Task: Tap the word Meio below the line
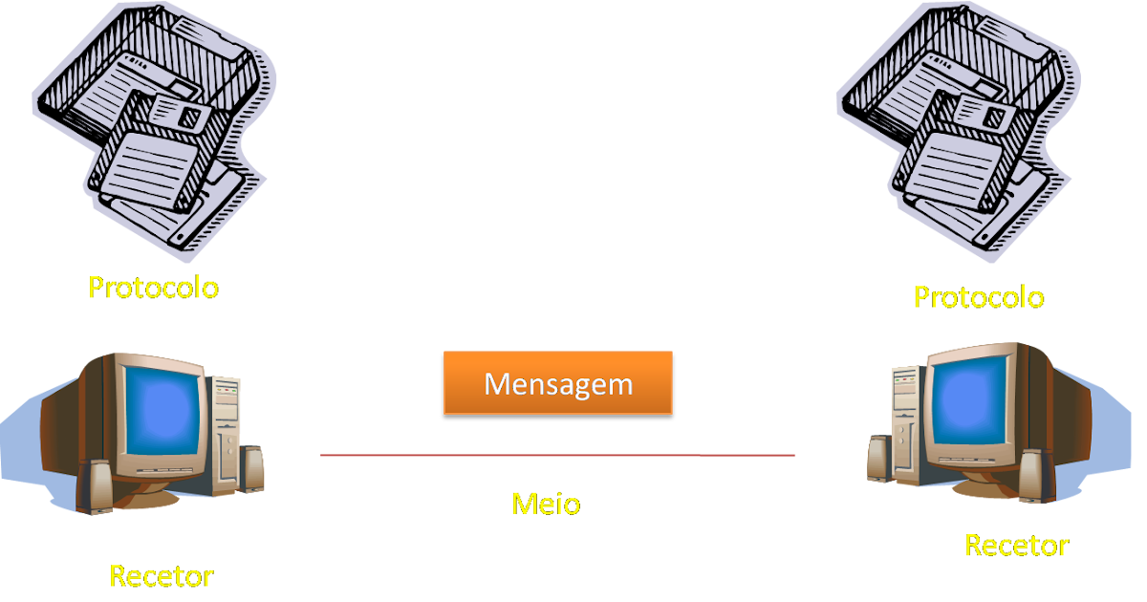pyautogui.click(x=545, y=503)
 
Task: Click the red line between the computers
pyautogui.click(x=557, y=456)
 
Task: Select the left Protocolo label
pyautogui.click(x=153, y=287)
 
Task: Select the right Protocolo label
pyautogui.click(x=978, y=297)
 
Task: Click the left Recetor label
pyautogui.click(x=161, y=576)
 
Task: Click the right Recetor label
pyautogui.click(x=1016, y=546)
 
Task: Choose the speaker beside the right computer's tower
pyautogui.click(x=878, y=459)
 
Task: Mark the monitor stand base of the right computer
pyautogui.click(x=985, y=487)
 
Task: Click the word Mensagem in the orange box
pyautogui.click(x=558, y=383)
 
